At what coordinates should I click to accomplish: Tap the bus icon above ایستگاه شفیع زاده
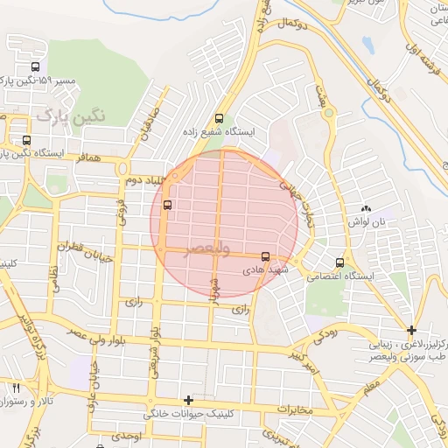[219, 119]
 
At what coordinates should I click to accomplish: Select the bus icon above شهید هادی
[265, 256]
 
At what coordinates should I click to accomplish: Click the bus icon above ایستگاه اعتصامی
[339, 262]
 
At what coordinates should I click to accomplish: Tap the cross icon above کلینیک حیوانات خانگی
[188, 399]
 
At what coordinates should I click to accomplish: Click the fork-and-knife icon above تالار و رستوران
[16, 388]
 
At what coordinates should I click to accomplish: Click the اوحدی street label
[126, 435]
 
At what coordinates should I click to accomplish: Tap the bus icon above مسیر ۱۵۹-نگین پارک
[35, 66]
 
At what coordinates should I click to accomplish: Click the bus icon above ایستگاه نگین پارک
[26, 140]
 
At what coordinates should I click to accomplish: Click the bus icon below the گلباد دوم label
[167, 206]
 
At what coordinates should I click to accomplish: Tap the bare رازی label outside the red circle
[133, 301]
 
